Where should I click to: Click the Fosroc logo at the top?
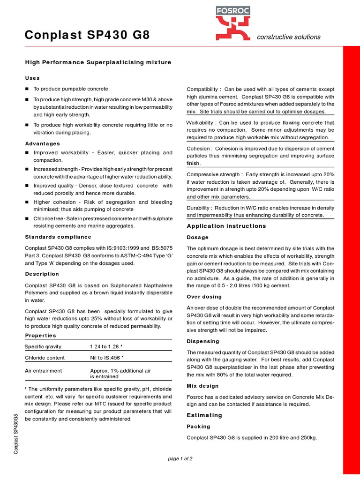coord(233,24)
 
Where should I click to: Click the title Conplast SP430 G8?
coord(87,35)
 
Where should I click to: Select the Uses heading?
coord(32,78)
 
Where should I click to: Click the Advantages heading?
coord(42,143)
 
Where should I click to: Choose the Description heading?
coord(42,274)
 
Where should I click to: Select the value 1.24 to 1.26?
coord(106,346)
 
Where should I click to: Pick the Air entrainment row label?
coord(43,370)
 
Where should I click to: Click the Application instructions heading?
coord(226,226)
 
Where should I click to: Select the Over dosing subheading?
coord(204,297)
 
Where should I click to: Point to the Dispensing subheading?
coord(203,341)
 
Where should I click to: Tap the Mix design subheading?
coord(202,386)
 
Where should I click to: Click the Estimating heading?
coord(204,415)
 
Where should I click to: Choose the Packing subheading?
coord(198,427)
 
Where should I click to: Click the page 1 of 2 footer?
coord(180,458)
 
